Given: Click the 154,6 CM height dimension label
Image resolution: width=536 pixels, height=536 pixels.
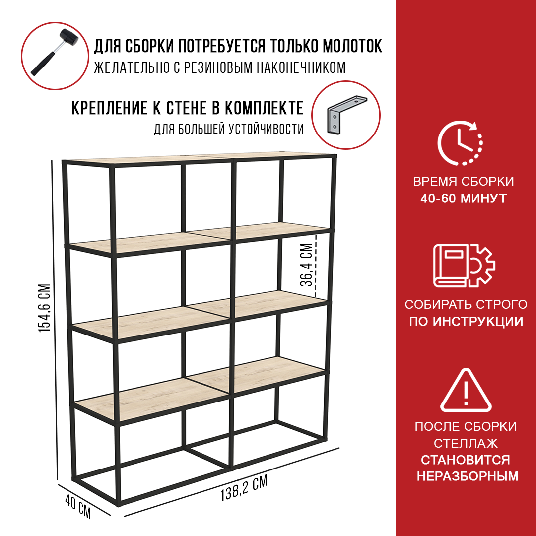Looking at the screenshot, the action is pos(45,308).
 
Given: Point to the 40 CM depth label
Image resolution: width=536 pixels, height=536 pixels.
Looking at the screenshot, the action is pos(78,506).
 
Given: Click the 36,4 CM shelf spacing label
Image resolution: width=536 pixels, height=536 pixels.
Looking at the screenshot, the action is pos(307,265).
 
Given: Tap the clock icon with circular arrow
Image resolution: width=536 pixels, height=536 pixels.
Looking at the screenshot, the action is pos(460,143).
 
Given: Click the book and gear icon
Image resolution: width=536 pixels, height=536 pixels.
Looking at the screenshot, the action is pos(464,266).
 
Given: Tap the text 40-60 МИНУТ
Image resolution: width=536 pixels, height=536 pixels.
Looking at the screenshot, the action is pos(464,198).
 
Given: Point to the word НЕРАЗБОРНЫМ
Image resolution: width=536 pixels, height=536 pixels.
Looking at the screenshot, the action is pos(468,476).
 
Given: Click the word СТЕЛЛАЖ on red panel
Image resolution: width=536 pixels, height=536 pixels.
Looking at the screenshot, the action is pos(466,443).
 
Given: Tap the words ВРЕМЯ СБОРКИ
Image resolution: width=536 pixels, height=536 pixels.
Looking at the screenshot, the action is pos(464,181).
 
